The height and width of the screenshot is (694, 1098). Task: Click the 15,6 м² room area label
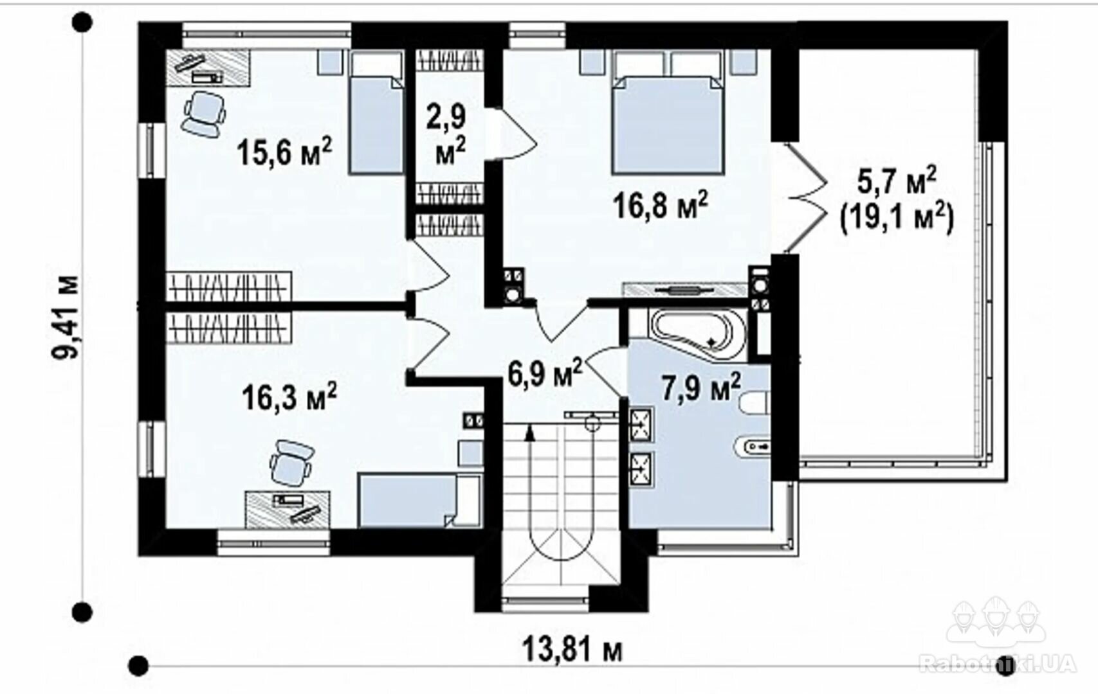284,151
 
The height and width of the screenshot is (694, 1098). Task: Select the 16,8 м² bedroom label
660,204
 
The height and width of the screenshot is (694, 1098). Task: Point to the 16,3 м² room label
289,396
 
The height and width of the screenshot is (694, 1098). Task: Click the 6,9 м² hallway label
545,373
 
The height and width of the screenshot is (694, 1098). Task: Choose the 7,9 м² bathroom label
701,386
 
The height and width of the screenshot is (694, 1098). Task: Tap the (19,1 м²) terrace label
897,220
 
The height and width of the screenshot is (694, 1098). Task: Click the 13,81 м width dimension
572,650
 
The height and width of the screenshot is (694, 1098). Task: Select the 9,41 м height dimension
66,317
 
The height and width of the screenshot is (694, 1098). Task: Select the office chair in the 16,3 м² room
291,463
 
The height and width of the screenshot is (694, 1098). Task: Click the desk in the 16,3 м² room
288,510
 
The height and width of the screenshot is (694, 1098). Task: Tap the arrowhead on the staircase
529,433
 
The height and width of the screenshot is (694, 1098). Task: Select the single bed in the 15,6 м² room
376,112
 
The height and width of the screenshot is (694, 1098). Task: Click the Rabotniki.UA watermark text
998,664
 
